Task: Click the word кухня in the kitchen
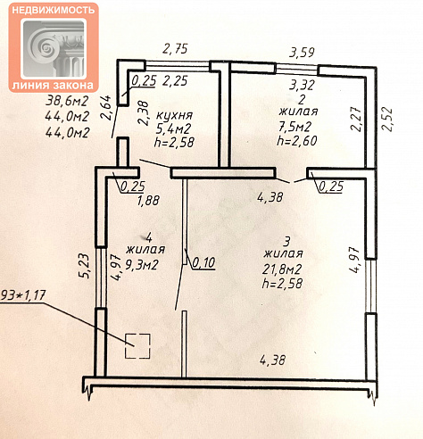pos(175,116)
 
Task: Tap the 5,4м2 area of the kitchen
pos(174,128)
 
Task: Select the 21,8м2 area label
pos(282,269)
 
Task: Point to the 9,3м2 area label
pos(141,264)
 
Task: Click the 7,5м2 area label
pos(294,127)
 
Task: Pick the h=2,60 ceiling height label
pos(297,140)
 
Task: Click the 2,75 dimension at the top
pos(175,48)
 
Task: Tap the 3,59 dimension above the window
pos(302,53)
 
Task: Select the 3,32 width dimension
pos(302,85)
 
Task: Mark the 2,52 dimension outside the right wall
pos(387,119)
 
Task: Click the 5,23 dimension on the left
pos(84,266)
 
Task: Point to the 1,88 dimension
pos(148,201)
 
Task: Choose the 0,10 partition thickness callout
pos(203,262)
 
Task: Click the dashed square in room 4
pos(137,346)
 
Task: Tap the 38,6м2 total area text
pos(67,101)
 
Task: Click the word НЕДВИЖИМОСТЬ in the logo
pos(54,10)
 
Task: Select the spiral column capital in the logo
pos(54,48)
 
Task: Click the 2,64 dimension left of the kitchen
pos(106,107)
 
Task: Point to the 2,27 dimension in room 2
pos(356,119)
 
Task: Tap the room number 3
pos(286,242)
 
